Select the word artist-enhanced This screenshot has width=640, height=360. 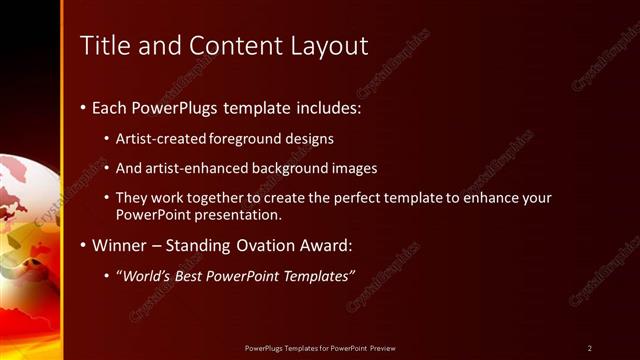[191, 168]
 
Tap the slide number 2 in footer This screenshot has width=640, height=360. [590, 348]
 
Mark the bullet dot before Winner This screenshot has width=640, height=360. [82, 245]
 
